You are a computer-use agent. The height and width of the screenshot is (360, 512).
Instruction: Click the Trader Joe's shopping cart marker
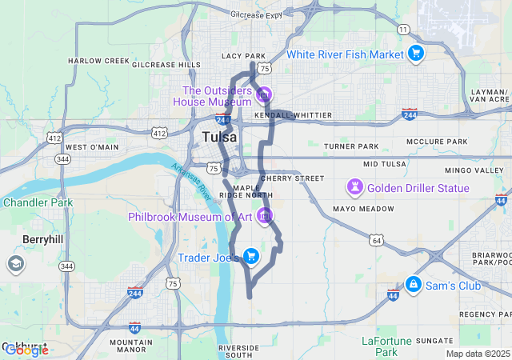251,256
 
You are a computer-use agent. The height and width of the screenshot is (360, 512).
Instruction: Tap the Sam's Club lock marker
414,284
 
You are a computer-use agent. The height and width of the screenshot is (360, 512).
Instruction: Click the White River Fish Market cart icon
415,54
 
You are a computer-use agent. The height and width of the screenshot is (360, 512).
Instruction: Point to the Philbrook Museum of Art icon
265,216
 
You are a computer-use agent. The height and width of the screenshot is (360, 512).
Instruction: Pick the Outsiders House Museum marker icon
264,95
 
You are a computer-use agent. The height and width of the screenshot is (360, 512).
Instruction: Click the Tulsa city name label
219,137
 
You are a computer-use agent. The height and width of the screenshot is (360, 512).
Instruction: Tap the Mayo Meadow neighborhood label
364,208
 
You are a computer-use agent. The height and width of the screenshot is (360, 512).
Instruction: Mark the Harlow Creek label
98,61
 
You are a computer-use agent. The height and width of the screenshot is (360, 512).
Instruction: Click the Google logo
26,350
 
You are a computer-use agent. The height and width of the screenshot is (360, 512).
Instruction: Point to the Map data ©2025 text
477,354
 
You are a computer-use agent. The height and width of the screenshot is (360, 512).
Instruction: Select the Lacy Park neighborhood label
243,56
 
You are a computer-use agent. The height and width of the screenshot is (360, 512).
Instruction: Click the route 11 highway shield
404,30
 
